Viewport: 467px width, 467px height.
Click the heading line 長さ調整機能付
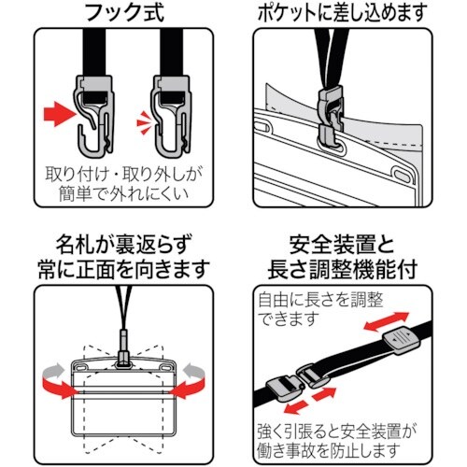[x=350, y=272]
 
